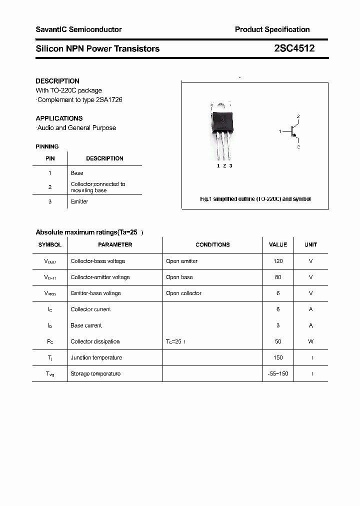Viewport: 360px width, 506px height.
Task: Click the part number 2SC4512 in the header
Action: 294,48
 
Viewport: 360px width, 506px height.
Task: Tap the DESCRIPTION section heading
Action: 57,81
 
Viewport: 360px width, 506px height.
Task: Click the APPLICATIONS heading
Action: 59,118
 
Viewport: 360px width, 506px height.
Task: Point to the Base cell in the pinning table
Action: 77,173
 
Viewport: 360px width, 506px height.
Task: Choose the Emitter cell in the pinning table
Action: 79,201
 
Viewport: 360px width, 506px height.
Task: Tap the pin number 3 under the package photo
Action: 230,165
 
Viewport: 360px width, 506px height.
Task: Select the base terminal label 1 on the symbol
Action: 280,131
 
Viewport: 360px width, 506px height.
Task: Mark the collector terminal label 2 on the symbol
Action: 298,116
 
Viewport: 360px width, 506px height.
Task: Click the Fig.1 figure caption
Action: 255,199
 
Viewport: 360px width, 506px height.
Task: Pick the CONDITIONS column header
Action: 212,244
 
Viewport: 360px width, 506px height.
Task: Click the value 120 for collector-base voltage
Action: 278,261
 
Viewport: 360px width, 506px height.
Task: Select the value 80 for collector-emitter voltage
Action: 278,277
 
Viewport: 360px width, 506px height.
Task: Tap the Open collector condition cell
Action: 183,293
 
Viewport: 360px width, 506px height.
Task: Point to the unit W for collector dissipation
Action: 310,341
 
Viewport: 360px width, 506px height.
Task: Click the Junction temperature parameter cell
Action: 96,357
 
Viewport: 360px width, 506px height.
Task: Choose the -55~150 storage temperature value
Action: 278,373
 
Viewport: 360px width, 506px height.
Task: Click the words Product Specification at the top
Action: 272,29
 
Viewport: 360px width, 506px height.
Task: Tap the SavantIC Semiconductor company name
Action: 78,29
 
